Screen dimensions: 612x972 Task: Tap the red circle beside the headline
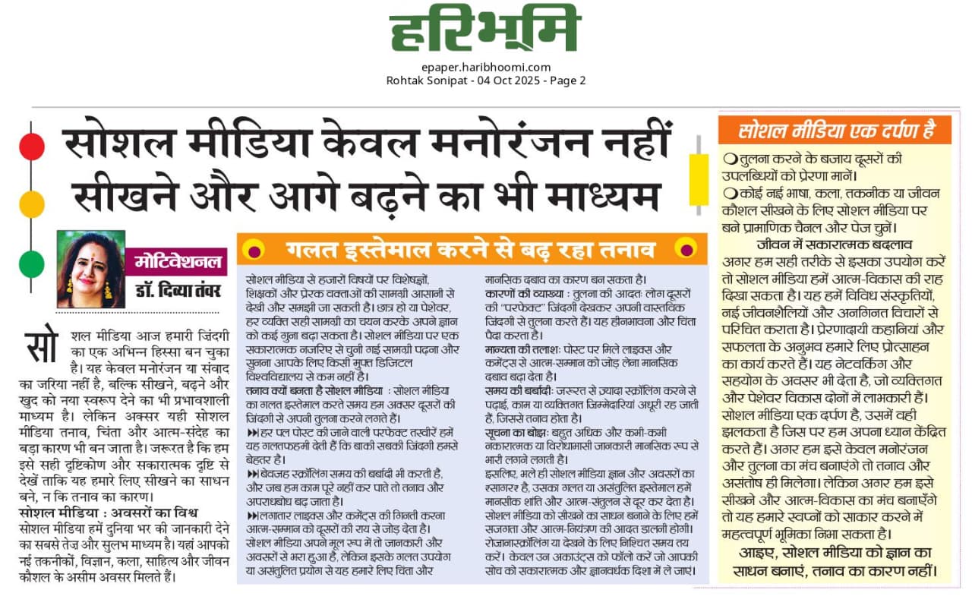(31, 146)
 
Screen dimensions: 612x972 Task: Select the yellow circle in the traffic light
(31, 204)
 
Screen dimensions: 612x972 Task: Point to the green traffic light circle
(31, 263)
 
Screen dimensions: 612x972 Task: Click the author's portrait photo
(90, 269)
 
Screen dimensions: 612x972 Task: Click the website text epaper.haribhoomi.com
(485, 67)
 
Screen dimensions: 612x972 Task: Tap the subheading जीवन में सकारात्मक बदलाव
(834, 244)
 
